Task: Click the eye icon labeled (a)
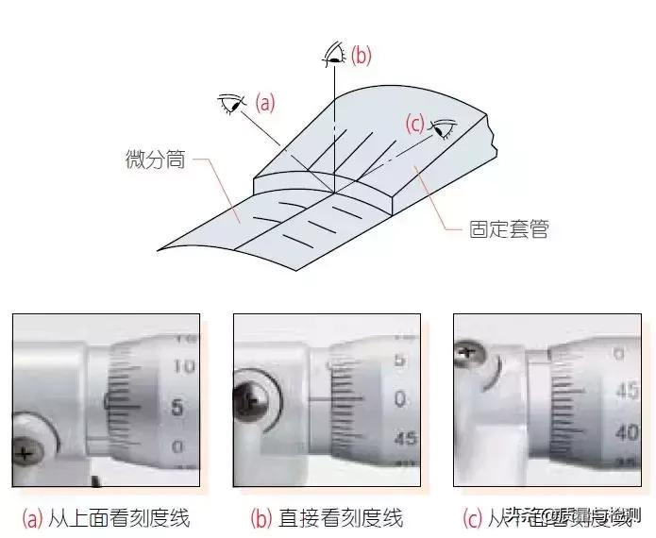coord(230,102)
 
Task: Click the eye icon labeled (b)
coord(332,53)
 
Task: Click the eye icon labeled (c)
coord(443,127)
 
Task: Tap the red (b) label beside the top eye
coord(361,56)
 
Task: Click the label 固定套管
coord(509,228)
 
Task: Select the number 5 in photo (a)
coord(177,408)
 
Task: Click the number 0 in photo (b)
coord(400,400)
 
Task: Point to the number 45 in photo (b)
coord(405,439)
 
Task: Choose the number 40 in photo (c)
coord(627,432)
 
